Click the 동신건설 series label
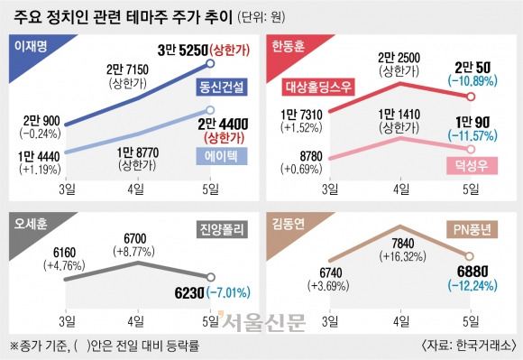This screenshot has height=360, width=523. [x=222, y=88]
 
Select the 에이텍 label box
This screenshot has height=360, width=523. [x=222, y=156]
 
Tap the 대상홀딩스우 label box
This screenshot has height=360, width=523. [x=318, y=87]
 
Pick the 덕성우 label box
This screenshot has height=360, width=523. [x=472, y=165]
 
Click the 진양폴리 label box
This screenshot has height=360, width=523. [x=222, y=229]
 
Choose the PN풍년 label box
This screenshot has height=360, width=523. [x=472, y=229]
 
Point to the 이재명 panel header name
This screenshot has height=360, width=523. [x=31, y=46]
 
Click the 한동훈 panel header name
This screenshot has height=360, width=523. [x=289, y=46]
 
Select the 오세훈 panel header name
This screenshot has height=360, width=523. [x=31, y=224]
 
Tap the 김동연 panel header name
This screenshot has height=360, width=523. [x=289, y=224]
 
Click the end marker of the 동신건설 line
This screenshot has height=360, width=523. [x=210, y=63]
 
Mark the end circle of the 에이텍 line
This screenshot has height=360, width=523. [x=210, y=110]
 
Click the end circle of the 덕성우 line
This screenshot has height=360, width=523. [x=471, y=149]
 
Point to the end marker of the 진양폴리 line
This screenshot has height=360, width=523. [x=210, y=277]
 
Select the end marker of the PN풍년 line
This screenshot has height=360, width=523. [x=469, y=256]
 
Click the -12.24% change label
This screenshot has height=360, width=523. [x=473, y=286]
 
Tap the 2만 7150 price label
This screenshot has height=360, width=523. [x=127, y=69]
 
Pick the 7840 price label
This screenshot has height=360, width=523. [x=403, y=244]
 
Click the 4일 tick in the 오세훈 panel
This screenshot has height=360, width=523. [x=136, y=321]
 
